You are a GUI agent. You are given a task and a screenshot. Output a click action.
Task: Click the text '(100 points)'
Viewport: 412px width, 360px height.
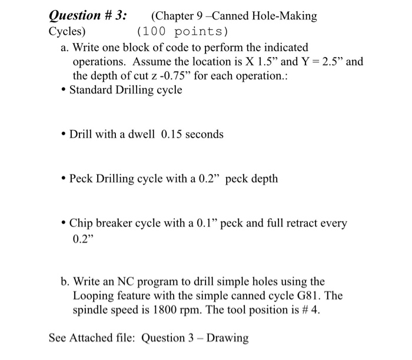[x=182, y=31]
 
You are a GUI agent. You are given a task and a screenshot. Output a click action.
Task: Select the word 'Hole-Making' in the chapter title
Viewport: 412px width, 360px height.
[x=284, y=16]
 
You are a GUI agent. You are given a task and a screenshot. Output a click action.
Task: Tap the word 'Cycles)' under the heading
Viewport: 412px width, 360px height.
[x=67, y=31]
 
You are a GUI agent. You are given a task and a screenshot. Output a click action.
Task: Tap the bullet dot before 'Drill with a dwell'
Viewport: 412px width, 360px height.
[x=63, y=135]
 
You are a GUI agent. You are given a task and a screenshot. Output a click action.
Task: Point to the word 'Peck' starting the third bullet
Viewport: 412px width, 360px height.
[x=82, y=178]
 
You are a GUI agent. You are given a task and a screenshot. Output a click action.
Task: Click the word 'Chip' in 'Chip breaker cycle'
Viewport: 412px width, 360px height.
[x=81, y=224]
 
